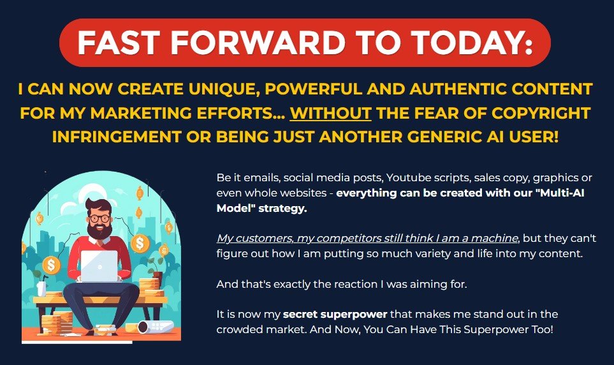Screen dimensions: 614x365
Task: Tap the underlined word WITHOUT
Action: (330, 113)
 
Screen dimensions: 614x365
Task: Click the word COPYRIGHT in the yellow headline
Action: (541, 113)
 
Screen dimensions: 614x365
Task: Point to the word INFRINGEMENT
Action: (116, 137)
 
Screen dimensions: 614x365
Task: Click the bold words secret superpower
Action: (335, 315)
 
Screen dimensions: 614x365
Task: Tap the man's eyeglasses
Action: (99, 218)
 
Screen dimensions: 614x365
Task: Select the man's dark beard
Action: (99, 230)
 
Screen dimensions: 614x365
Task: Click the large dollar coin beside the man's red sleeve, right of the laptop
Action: (140, 243)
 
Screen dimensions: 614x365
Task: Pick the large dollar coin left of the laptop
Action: (51, 265)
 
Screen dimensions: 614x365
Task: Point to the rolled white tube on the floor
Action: (155, 326)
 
